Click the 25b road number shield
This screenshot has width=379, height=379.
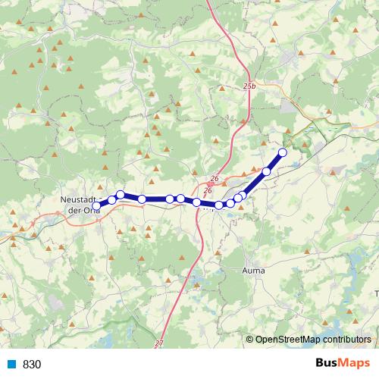tap(251, 87)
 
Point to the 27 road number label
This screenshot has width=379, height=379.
tap(158, 343)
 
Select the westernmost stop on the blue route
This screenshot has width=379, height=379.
tap(96, 205)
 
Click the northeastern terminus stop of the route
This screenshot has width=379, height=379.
tap(283, 152)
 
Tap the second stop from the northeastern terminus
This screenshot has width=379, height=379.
tap(266, 171)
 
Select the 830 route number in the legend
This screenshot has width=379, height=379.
tap(32, 365)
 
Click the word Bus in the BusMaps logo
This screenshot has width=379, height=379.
tap(328, 364)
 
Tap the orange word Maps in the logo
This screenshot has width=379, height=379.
tap(356, 364)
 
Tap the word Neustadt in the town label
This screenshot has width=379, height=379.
tap(77, 199)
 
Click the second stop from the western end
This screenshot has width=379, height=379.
tap(112, 200)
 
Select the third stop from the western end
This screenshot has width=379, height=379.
tap(121, 195)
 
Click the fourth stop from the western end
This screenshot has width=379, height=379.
tap(142, 199)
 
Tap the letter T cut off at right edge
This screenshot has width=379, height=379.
tap(375, 292)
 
